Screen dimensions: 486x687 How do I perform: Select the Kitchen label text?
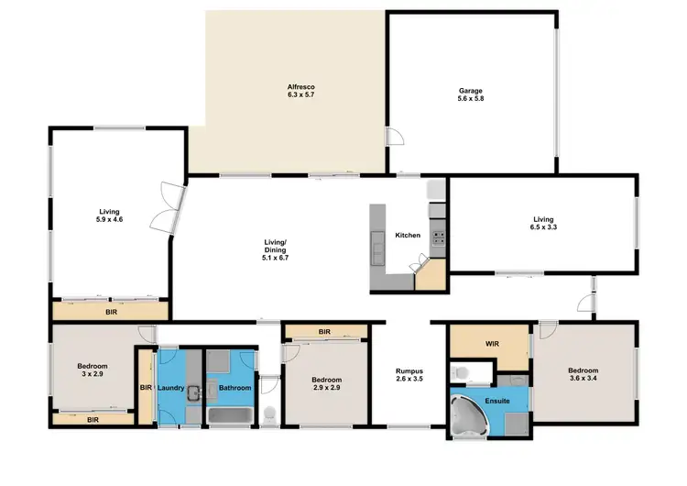(408, 236)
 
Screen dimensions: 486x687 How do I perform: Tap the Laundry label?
(171, 388)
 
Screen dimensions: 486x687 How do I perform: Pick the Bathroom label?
(234, 388)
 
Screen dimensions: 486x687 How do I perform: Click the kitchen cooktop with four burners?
(438, 237)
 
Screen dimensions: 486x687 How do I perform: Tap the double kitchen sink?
(377, 245)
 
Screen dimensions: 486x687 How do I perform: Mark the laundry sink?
(195, 394)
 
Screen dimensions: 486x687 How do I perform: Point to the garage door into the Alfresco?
(395, 138)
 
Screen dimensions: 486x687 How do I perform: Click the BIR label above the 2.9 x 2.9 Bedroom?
(324, 331)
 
